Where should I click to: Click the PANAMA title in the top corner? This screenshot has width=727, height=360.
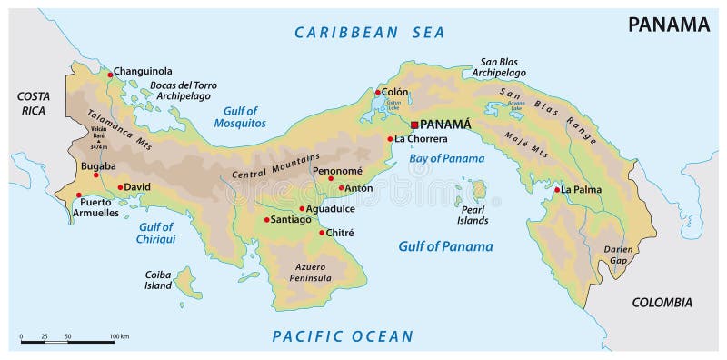click(669, 25)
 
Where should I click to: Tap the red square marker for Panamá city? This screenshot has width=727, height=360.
click(414, 125)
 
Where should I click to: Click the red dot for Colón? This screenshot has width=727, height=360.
click(378, 92)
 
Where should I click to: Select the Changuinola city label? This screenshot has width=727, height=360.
click(143, 71)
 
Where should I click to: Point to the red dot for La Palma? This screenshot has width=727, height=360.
click(557, 190)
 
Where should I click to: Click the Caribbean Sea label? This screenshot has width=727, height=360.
click(369, 33)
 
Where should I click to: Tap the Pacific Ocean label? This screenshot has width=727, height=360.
click(343, 336)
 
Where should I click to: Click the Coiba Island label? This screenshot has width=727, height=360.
click(158, 279)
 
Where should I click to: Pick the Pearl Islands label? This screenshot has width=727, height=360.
click(473, 215)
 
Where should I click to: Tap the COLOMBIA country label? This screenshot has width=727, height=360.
click(662, 303)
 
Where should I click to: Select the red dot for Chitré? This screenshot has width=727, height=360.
click(321, 233)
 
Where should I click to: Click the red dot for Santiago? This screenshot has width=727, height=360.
click(266, 219)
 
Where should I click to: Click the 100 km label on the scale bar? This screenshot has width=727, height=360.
click(119, 337)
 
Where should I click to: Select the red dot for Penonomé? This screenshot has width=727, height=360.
click(331, 179)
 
